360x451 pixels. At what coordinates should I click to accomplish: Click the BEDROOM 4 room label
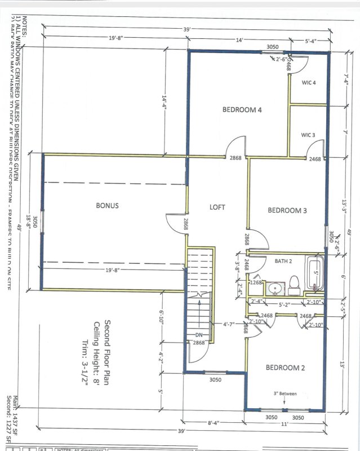(x=242, y=110)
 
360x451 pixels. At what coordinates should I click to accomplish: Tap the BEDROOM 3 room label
(x=287, y=210)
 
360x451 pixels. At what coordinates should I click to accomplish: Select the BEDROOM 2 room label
(x=285, y=368)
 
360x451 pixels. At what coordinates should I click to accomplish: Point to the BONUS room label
(x=107, y=206)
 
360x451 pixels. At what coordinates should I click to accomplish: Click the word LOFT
(x=217, y=207)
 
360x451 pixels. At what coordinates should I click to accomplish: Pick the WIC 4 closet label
(x=308, y=83)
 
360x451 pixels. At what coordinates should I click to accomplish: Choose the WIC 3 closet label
(x=308, y=135)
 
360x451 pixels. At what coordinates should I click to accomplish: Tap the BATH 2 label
(x=283, y=261)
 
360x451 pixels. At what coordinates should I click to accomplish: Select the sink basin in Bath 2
(x=274, y=289)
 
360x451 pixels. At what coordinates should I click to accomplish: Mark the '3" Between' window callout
(x=285, y=393)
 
